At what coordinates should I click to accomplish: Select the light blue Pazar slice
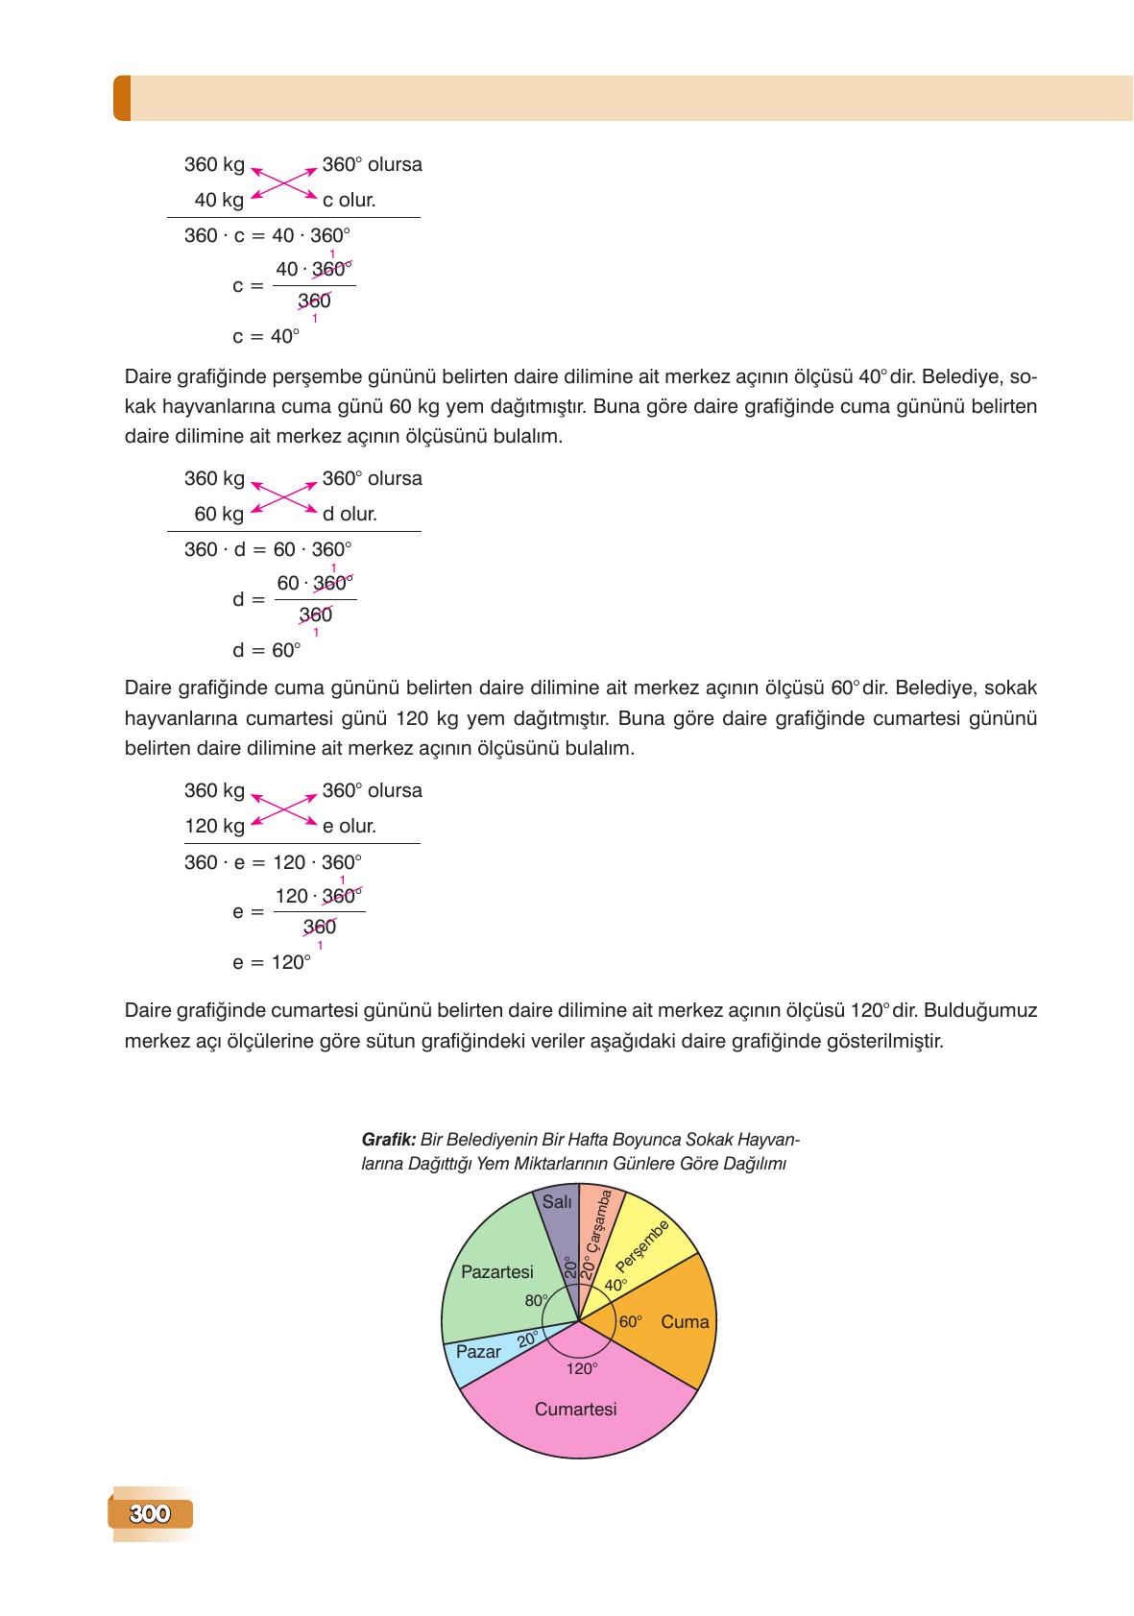click(478, 1352)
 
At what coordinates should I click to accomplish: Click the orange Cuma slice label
click(685, 1322)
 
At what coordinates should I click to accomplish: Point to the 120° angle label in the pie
click(581, 1369)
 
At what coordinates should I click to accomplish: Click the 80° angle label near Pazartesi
click(535, 1301)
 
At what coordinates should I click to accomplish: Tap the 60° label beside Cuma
click(630, 1322)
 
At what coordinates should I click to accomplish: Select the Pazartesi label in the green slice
click(496, 1272)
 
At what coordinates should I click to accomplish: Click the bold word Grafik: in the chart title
click(388, 1141)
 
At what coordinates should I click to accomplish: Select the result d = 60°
click(266, 651)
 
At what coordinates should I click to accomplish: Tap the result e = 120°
click(272, 962)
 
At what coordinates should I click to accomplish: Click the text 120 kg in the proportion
click(214, 826)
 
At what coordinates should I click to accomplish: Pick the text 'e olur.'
click(349, 826)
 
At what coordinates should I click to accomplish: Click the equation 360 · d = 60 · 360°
click(268, 550)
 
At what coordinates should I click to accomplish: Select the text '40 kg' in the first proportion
click(219, 200)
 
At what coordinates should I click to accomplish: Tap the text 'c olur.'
click(349, 200)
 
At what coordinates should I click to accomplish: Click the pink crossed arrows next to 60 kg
click(283, 496)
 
